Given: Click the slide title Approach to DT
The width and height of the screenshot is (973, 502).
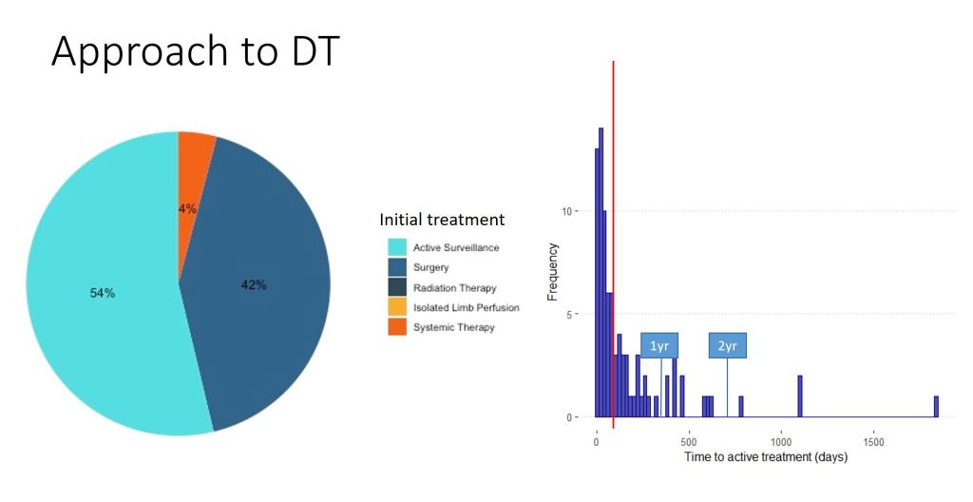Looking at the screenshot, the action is coord(196,52).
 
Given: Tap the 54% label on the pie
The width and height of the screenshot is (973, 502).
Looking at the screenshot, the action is coord(103,293).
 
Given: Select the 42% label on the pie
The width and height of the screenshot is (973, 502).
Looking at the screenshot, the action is coord(253,285).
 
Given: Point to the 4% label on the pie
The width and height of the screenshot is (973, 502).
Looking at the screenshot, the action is coord(187,209).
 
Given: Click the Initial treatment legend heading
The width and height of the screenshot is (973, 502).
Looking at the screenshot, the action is coord(442,220).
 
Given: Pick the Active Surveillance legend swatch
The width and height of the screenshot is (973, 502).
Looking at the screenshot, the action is coord(397,247).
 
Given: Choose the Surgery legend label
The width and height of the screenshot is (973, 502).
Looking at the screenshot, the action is coord(430,267).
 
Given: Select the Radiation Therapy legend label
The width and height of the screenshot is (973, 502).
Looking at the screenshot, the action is coord(455,288).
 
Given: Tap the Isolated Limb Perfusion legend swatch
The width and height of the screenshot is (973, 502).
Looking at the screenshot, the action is coord(397,307).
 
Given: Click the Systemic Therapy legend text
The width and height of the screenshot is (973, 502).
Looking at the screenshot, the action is coord(453,327).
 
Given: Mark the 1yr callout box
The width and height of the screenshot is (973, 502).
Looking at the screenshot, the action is coord(659,346).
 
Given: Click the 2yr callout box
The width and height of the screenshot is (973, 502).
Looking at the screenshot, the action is coord(727,346).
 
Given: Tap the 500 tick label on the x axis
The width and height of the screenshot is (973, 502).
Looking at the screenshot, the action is coord(689,442).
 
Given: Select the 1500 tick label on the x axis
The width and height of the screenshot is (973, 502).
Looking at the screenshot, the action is coord(873,442).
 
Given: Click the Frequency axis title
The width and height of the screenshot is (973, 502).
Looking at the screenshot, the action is coord(552,272).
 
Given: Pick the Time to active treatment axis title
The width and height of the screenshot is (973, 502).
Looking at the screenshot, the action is coord(766,457).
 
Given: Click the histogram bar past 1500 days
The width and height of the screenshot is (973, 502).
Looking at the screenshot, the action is coord(936,406).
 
